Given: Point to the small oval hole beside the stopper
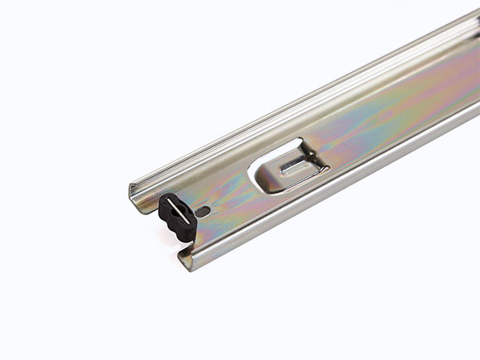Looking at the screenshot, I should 203,211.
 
